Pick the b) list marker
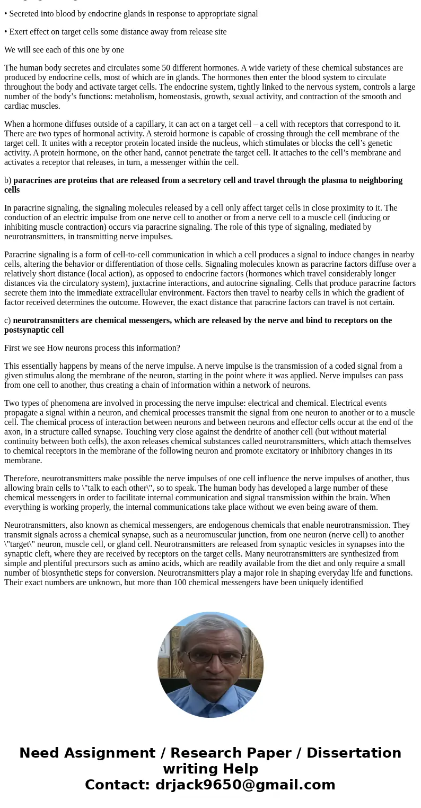pos(7,180)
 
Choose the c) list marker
pos(7,320)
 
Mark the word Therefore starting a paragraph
pos(22,479)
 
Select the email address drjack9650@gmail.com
pos(245,785)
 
